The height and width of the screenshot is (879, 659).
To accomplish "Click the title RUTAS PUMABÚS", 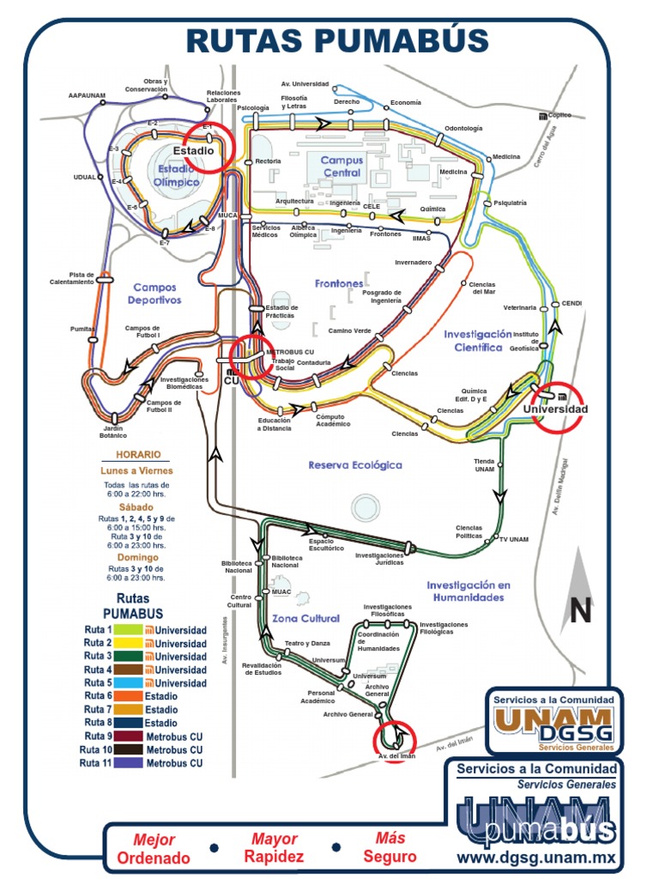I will (337, 40).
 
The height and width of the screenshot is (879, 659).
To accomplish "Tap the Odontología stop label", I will (463, 129).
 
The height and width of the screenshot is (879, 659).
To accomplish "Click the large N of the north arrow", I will (581, 610).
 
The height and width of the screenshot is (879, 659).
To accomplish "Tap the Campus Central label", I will (342, 166).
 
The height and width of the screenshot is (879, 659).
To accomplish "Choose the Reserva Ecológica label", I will (355, 464).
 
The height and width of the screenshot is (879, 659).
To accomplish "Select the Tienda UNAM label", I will (484, 464).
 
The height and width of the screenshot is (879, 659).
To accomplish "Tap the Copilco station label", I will (559, 115).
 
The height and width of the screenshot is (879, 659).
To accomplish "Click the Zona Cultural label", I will (306, 618).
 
